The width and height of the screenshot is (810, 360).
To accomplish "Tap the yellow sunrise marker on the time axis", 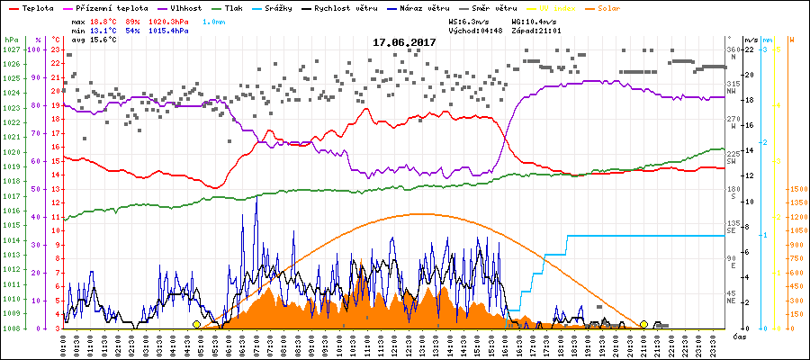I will [197, 324].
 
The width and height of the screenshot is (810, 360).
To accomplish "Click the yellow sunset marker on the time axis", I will [643, 324].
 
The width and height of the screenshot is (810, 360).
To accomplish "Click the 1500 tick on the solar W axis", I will [797, 190].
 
